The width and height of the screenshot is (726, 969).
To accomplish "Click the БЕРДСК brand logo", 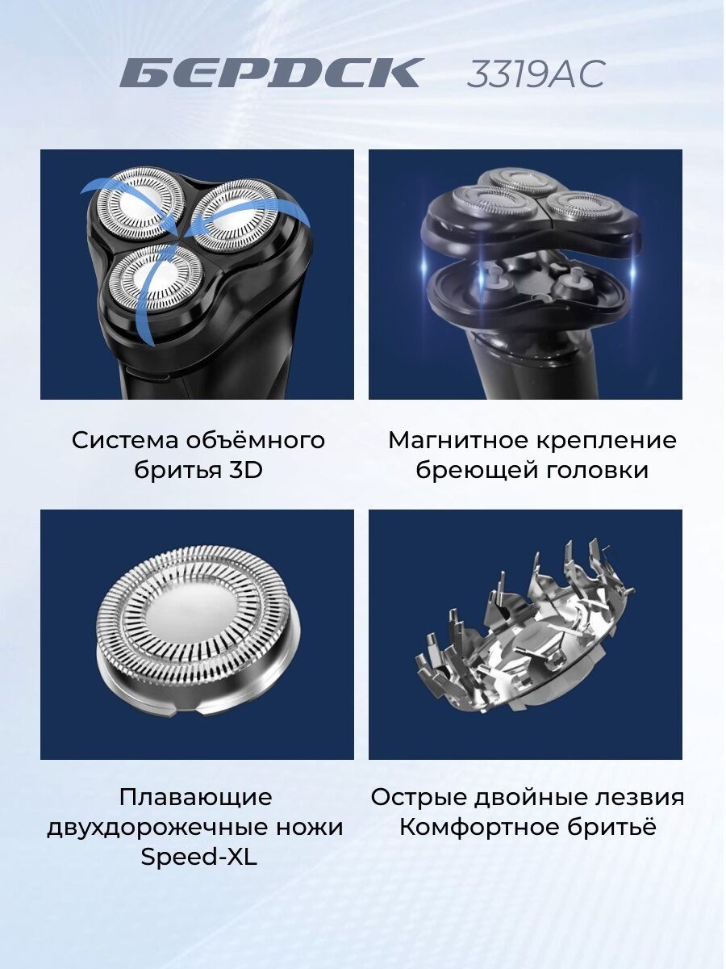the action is (269, 73).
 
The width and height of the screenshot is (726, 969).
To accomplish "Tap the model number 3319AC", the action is (536, 73).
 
